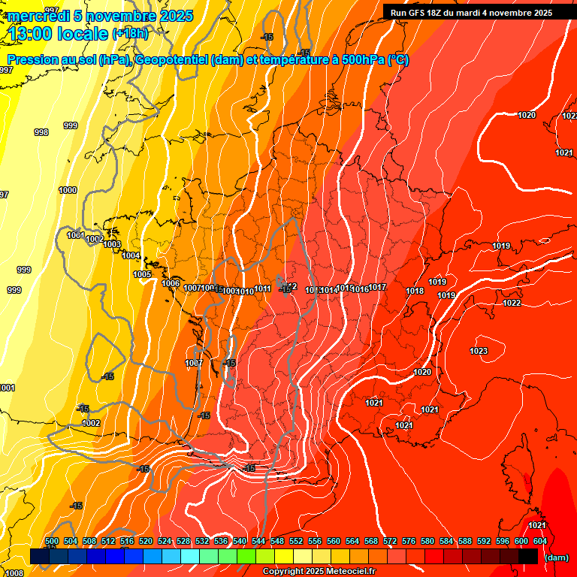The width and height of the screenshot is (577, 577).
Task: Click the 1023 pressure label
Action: pyautogui.click(x=479, y=351)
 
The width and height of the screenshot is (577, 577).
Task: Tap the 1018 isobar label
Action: pyautogui.click(x=415, y=292)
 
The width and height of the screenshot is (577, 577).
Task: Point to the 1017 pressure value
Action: pyautogui.click(x=377, y=288)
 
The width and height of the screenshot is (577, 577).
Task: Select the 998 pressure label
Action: pyautogui.click(x=41, y=132)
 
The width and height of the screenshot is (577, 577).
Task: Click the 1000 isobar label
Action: pyautogui.click(x=68, y=190)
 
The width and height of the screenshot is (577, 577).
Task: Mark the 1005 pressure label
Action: pyautogui.click(x=143, y=274)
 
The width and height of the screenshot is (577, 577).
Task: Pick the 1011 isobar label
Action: pyautogui.click(x=263, y=289)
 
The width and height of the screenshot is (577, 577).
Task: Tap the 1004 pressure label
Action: pyautogui.click(x=131, y=255)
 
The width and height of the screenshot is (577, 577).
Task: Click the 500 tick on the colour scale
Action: pyautogui.click(x=52, y=541)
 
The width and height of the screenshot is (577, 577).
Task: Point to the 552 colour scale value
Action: pyautogui.click(x=296, y=541)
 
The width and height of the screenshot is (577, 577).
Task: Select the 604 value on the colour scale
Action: pyautogui.click(x=540, y=541)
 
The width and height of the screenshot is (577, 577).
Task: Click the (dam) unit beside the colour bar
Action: pyautogui.click(x=556, y=557)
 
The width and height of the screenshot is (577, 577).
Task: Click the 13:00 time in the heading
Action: pyautogui.click(x=32, y=33)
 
